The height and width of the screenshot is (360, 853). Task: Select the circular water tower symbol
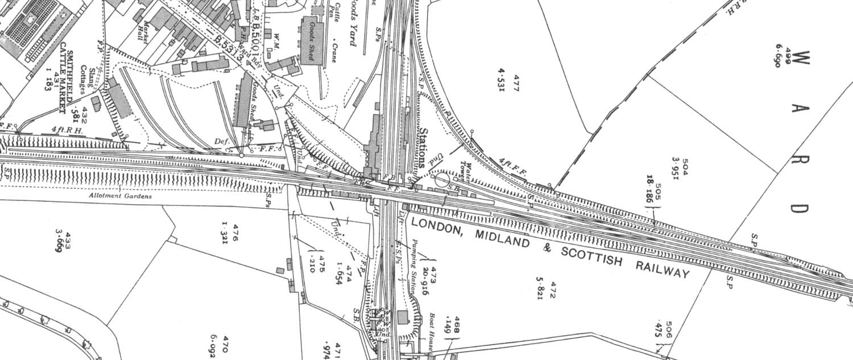(x=442, y=180)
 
